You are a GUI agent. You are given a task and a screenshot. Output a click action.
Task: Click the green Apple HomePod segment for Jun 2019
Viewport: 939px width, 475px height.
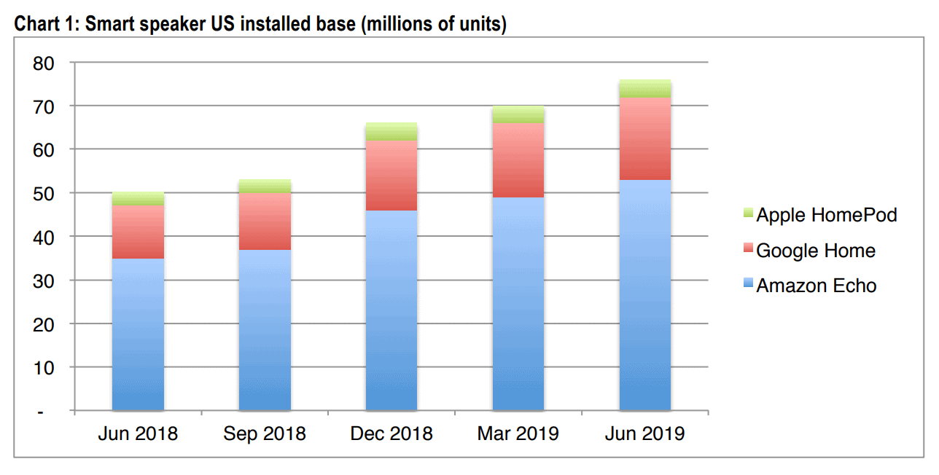click(x=644, y=88)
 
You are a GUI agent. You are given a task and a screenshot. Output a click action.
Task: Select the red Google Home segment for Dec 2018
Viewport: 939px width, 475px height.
click(x=391, y=176)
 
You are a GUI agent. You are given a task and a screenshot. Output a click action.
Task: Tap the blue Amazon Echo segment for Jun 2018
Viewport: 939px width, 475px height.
click(x=138, y=334)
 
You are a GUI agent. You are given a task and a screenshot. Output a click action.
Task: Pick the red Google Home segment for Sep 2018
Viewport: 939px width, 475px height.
click(x=265, y=221)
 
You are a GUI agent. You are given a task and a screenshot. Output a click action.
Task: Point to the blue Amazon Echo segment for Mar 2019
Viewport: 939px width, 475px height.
click(x=518, y=304)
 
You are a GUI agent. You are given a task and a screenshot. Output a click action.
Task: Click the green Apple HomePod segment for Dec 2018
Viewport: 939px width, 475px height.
click(x=391, y=132)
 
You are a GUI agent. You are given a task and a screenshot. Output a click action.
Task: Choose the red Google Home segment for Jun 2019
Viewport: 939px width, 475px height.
click(x=644, y=138)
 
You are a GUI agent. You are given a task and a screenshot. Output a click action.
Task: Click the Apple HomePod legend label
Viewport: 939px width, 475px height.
click(x=826, y=215)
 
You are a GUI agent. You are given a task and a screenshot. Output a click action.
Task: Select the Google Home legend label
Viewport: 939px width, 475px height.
click(x=815, y=251)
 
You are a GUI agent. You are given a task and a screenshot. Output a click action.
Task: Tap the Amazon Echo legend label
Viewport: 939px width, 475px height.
click(x=816, y=286)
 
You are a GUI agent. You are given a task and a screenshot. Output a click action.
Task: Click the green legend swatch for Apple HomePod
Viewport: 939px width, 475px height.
click(x=747, y=215)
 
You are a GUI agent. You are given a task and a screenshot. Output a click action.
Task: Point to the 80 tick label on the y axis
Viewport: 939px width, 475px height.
click(x=43, y=63)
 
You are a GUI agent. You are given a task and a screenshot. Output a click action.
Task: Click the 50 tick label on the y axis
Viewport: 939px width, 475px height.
click(x=43, y=194)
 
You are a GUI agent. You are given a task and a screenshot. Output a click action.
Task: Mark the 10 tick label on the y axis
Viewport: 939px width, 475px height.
click(x=43, y=368)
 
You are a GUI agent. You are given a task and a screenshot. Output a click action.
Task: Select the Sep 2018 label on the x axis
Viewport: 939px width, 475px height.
click(x=265, y=434)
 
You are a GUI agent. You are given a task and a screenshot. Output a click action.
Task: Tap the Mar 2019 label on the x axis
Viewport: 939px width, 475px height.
click(x=518, y=434)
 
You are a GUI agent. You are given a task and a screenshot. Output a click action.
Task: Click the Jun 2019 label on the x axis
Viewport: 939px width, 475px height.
click(x=644, y=434)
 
